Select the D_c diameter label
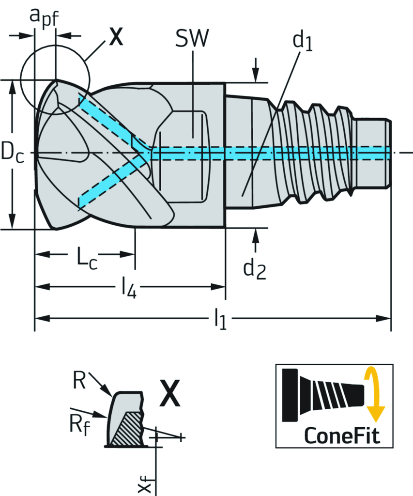coord(12,154)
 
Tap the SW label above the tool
coord(192,39)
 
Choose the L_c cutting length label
coord(87,257)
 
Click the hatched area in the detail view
coord(127,428)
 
